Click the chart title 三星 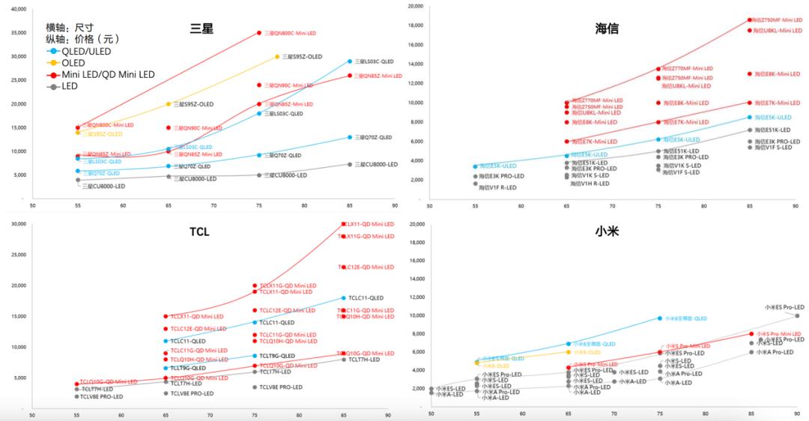(x=202, y=28)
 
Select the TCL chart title (x=199, y=231)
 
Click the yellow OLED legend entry (x=73, y=63)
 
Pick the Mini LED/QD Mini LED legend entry (x=108, y=74)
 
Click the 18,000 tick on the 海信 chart (x=416, y=25)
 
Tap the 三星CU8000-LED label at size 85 (x=376, y=164)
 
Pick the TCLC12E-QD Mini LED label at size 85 (x=368, y=267)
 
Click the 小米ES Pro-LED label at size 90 (x=784, y=307)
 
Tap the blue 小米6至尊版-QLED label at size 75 (x=685, y=318)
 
